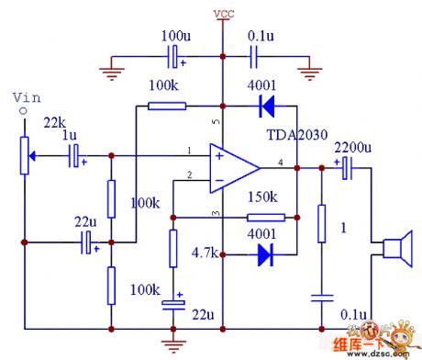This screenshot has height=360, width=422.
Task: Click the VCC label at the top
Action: pos(223,14)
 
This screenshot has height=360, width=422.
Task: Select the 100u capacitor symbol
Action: pos(172,59)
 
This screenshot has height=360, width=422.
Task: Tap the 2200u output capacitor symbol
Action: pos(344,168)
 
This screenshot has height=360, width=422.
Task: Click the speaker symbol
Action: pos(394,249)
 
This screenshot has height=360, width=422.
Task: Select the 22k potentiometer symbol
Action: pos(24,157)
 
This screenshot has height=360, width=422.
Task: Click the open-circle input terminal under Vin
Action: pos(24,113)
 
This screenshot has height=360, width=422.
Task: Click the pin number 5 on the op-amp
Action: pos(217,122)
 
